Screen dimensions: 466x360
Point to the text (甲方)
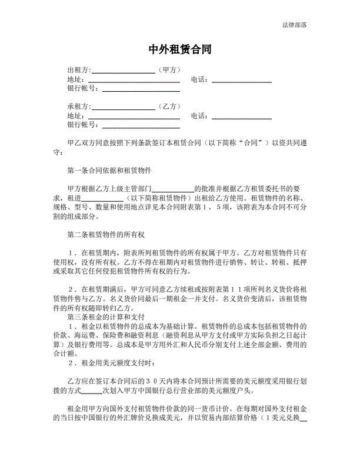click(168, 70)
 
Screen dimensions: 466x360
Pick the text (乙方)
click(168, 106)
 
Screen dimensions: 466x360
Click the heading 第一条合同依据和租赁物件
click(110, 171)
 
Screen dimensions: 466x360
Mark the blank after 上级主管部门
click(173, 190)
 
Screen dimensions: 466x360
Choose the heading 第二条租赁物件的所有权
click(106, 235)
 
